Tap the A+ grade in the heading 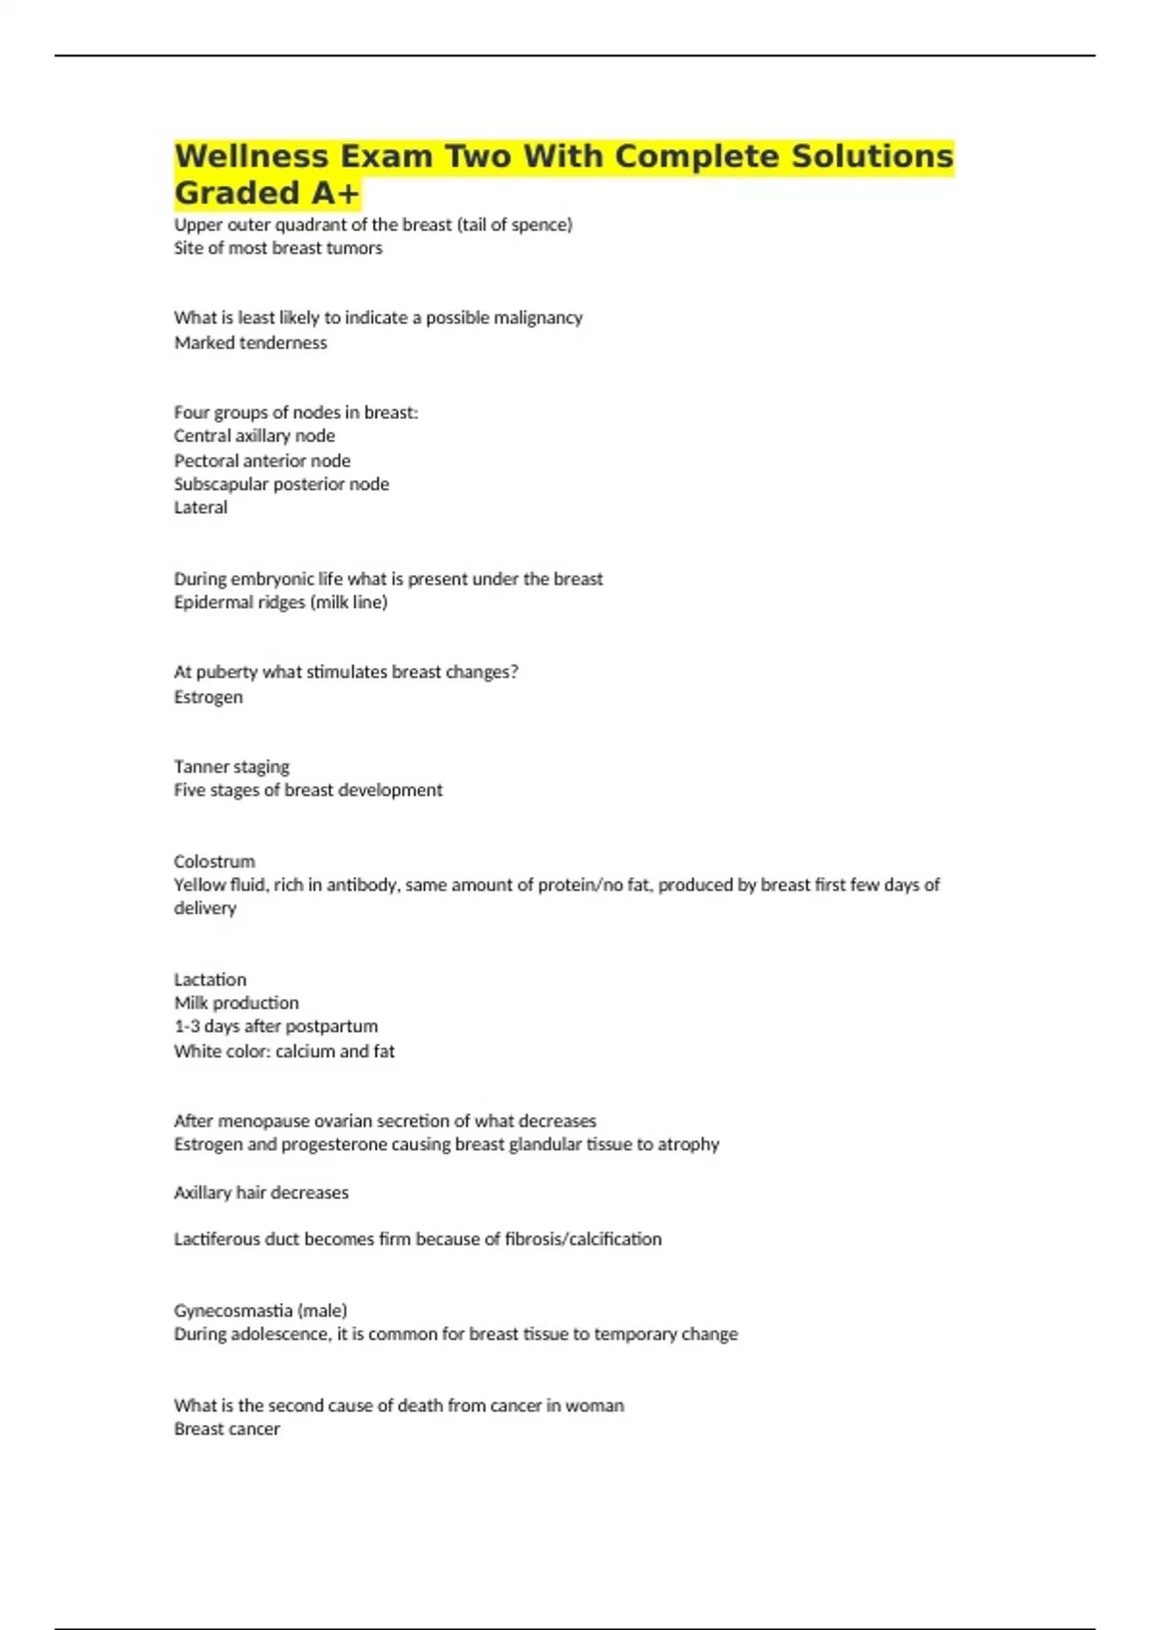335,193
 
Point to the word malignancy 537,317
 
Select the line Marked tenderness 250,342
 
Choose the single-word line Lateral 200,507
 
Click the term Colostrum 214,861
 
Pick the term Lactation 210,979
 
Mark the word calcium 306,1051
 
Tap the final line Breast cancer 226,1429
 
